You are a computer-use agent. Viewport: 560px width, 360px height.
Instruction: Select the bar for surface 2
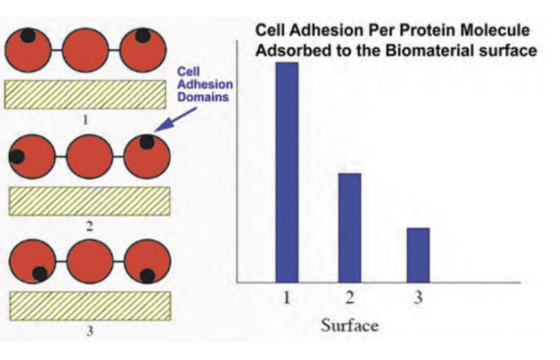[350, 227]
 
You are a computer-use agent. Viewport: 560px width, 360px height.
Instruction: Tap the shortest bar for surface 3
[418, 254]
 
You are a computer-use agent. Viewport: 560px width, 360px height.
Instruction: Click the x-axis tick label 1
[286, 299]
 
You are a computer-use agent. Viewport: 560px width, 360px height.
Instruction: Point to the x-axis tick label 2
[350, 299]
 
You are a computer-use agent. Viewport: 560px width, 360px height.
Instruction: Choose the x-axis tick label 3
[418, 299]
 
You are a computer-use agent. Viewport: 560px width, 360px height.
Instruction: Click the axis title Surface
[349, 325]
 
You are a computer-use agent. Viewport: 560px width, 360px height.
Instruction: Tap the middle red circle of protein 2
[89, 156]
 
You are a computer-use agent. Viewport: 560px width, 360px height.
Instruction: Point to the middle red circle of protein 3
[89, 260]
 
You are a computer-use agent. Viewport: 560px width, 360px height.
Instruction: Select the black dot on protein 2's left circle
[18, 156]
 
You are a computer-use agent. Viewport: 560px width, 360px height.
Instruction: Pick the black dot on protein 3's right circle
[147, 276]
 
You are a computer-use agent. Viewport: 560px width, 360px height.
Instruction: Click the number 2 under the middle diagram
[89, 226]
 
